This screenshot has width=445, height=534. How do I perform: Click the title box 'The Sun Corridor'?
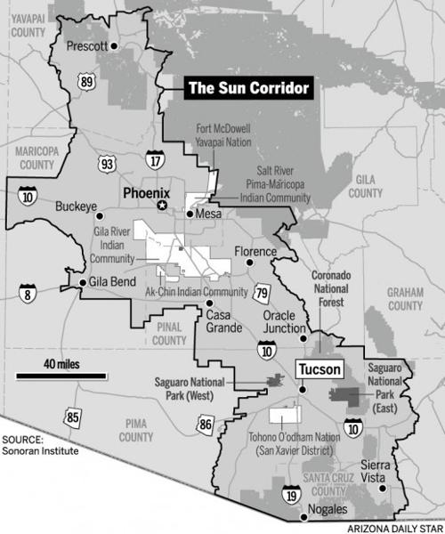coord(249,88)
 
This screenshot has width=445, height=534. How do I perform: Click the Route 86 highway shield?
coord(207,425)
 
